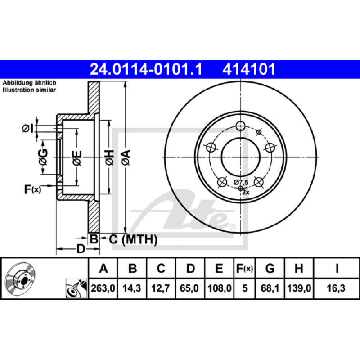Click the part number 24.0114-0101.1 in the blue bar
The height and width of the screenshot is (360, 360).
coord(146,69)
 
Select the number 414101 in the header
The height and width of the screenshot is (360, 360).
coord(249,69)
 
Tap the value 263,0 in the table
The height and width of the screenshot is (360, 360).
coord(103,288)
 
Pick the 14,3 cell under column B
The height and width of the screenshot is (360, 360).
coord(131,288)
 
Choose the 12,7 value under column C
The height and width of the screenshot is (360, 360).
coord(161,288)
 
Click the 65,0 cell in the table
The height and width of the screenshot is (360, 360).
coord(189,288)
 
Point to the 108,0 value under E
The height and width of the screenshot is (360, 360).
coord(219,288)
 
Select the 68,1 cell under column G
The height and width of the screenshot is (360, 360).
coord(270,288)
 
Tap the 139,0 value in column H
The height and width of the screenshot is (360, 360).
coord(299,288)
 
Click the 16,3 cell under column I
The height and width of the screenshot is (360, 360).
coord(336,288)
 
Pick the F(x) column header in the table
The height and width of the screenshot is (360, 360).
coord(245,268)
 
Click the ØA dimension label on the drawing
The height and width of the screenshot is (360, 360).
coord(126,157)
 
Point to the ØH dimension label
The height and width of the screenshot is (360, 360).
coord(109,157)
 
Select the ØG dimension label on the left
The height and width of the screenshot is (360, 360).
coord(43,157)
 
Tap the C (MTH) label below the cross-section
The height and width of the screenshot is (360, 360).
coord(133,239)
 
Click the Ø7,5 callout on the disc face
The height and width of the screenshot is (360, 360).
coord(241,183)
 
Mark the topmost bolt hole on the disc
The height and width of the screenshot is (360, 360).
coord(240,126)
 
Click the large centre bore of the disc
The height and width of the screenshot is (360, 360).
coord(240,157)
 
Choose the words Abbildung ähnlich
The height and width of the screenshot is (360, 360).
coord(29,83)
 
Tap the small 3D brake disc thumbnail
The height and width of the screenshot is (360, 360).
coord(21,278)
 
